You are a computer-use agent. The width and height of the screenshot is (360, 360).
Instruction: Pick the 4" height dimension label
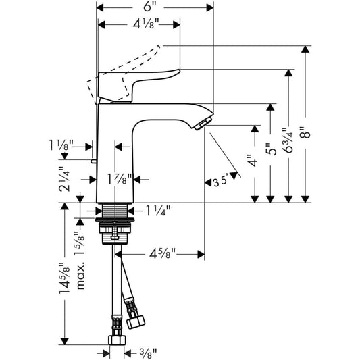(x=255, y=163)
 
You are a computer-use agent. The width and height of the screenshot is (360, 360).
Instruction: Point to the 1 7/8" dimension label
(x=119, y=178)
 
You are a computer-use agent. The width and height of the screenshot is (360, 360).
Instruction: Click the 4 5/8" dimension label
(x=161, y=255)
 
